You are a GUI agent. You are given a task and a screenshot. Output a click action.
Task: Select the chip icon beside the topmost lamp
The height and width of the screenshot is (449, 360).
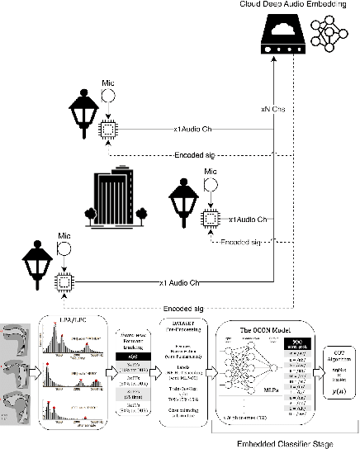point(107,128)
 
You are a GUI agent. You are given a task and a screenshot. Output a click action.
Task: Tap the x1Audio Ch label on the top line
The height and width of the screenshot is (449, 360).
point(193,128)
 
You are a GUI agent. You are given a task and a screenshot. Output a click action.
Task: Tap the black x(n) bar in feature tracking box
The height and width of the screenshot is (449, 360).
point(134,354)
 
